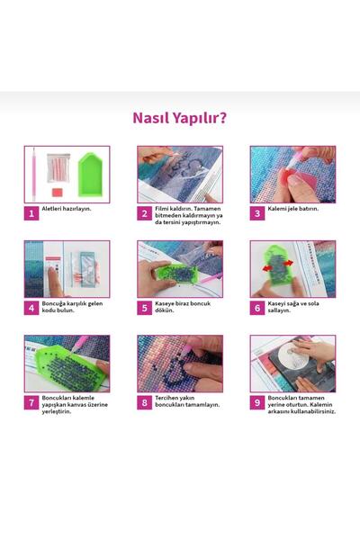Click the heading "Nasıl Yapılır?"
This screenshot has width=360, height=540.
(179, 118)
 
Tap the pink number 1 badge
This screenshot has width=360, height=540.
(31, 213)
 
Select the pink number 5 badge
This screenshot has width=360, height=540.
(144, 308)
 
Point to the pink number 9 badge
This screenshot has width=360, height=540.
(257, 402)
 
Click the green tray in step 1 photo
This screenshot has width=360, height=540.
(91, 175)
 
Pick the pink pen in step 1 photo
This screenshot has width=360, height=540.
(34, 175)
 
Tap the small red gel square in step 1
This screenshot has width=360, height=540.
(58, 192)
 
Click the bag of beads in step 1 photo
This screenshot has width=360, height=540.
(58, 167)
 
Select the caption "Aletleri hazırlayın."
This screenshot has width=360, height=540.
(67, 209)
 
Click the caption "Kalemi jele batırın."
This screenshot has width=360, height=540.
(293, 209)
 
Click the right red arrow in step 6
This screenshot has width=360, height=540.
(289, 263)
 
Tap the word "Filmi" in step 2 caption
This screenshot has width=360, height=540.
(161, 209)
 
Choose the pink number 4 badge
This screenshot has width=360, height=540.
(31, 308)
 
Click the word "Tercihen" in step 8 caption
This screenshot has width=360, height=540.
(166, 398)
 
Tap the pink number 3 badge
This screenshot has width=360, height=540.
(257, 213)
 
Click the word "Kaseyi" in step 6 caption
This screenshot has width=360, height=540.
(276, 304)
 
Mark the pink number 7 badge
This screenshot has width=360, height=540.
(31, 402)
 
